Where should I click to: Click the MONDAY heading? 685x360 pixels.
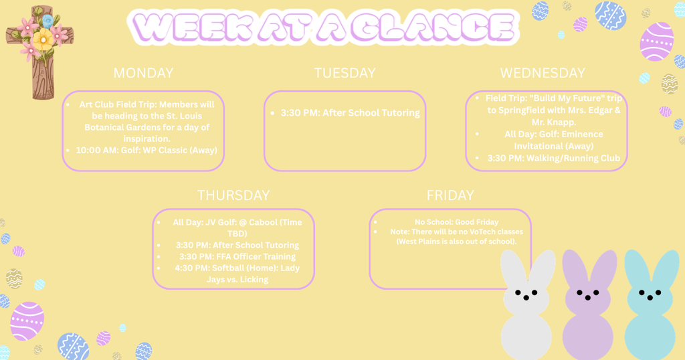tap(143, 73)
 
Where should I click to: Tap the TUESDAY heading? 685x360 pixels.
tap(345, 73)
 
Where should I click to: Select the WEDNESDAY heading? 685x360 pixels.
tap(543, 73)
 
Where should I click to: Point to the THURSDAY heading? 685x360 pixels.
tap(233, 195)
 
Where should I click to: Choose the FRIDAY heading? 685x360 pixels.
tap(450, 195)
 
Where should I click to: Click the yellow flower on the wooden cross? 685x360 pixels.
tap(43, 39)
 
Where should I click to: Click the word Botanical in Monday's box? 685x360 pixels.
tap(108, 127)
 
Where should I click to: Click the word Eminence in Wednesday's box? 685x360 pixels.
tap(581, 134)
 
